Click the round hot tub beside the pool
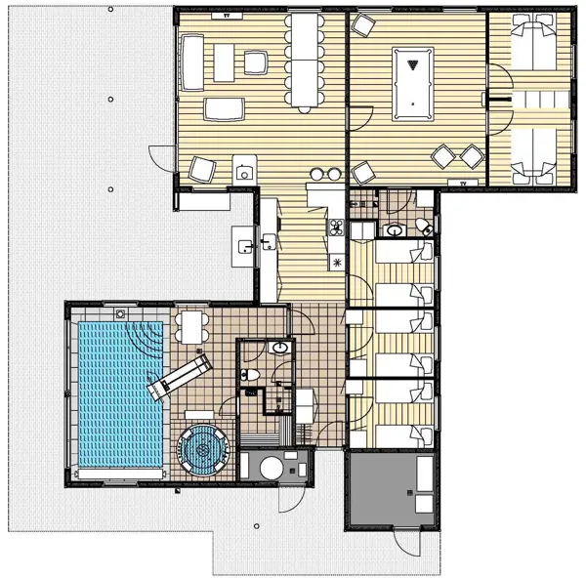click(202, 450)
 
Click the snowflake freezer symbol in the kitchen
click(337, 262)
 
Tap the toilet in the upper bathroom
click(423, 227)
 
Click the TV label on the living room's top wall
click(228, 17)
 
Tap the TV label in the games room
click(461, 182)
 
